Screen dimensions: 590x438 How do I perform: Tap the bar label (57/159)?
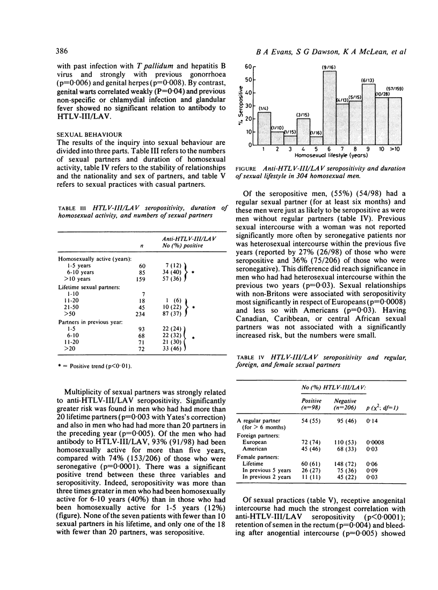[x=395, y=89]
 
